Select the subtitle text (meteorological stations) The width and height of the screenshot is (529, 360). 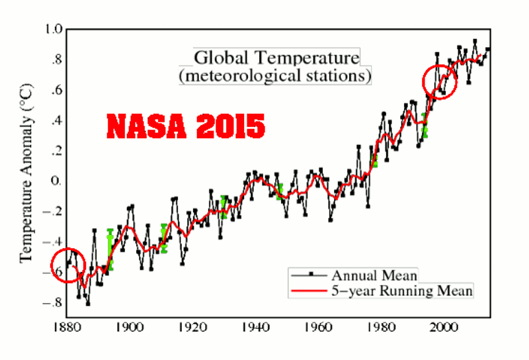click(x=275, y=76)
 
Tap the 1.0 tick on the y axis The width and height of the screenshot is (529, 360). click(x=54, y=29)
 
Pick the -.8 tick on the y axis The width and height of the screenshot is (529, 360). click(x=54, y=303)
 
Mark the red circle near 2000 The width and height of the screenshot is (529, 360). click(x=440, y=82)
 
